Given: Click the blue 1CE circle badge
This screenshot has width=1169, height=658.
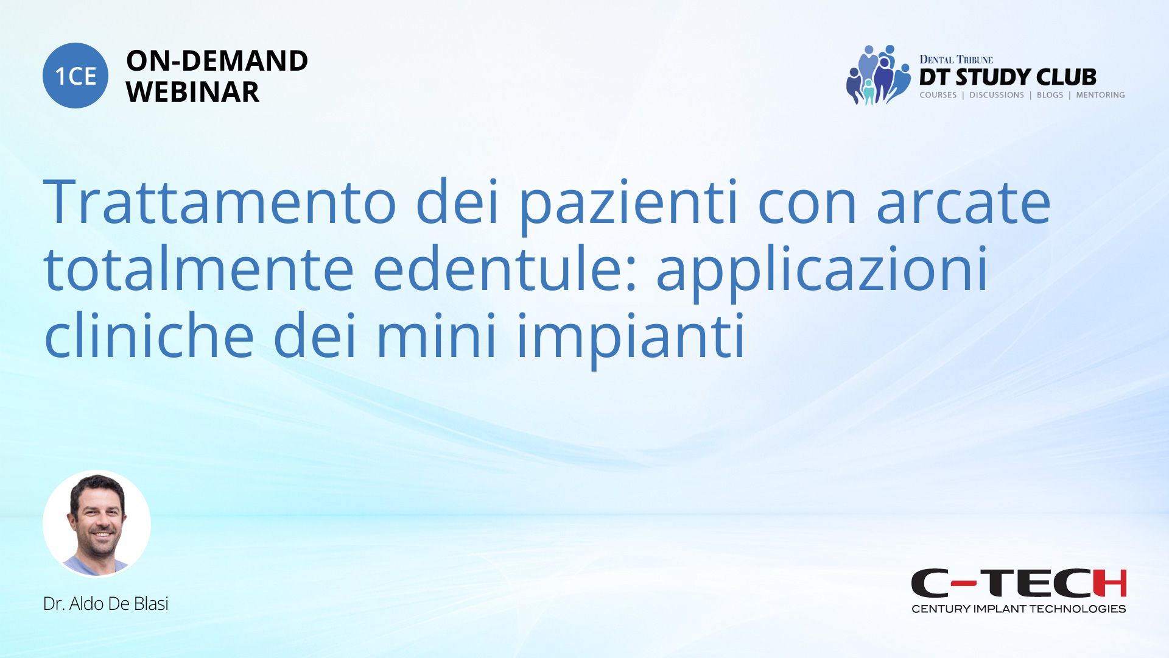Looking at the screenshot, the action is (75, 76).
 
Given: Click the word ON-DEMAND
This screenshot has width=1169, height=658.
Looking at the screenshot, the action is (217, 61).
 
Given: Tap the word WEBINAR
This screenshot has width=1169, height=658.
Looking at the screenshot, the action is (192, 92).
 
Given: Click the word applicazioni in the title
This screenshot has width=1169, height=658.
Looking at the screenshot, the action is (822, 273).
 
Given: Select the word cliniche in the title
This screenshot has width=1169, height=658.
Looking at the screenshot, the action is (149, 336).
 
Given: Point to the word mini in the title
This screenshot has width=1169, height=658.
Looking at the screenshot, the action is (437, 336).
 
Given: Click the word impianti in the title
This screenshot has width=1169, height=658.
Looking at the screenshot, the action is (631, 340).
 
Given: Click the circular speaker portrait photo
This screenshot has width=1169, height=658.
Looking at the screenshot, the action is (97, 523).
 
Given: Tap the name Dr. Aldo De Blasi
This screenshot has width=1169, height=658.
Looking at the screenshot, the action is (106, 604).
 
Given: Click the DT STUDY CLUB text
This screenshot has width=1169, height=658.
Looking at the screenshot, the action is (1008, 77).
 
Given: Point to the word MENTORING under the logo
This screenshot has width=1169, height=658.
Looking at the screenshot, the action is (1100, 95).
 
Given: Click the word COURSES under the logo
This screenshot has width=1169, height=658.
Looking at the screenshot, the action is (938, 95).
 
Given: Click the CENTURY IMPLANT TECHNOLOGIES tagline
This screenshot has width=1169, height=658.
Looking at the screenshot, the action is (1019, 609).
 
